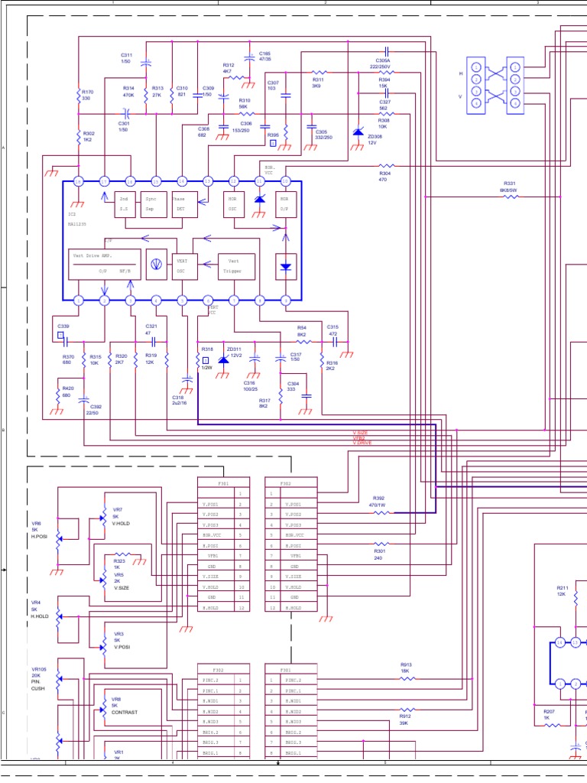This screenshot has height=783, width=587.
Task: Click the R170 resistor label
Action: coord(86,95)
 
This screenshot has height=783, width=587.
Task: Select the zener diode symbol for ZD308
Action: coord(358,132)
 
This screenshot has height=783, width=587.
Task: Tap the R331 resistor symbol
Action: coord(509,197)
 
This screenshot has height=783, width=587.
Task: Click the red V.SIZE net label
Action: coord(360,433)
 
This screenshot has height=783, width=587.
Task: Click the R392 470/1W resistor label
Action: coord(378,501)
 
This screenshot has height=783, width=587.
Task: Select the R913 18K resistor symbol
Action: coord(407,677)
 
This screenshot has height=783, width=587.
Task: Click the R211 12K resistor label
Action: coord(561,591)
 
